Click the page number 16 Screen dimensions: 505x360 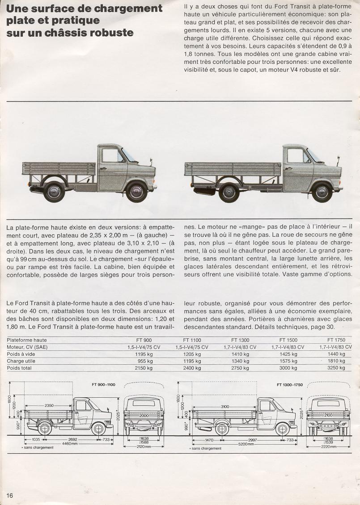point(10,495)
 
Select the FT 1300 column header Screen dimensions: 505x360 point(240,340)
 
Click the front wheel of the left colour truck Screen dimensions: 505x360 point(136,191)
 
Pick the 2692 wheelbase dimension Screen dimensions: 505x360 point(72,439)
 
